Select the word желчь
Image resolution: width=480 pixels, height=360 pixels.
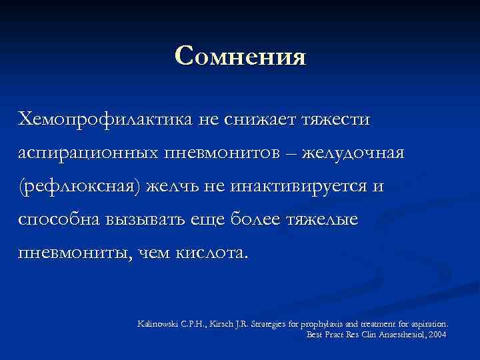[x=167, y=187]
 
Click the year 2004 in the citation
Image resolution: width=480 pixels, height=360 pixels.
[x=438, y=333]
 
